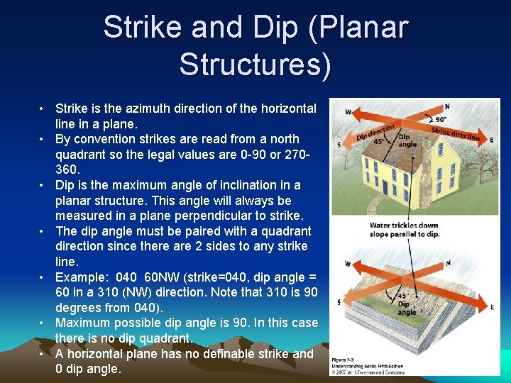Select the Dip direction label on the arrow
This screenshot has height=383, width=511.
[375, 132]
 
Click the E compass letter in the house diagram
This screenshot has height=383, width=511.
[491, 140]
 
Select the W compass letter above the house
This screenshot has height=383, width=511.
[348, 111]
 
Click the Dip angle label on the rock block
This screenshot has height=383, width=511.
[407, 308]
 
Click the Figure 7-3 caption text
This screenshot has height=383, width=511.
[348, 360]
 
